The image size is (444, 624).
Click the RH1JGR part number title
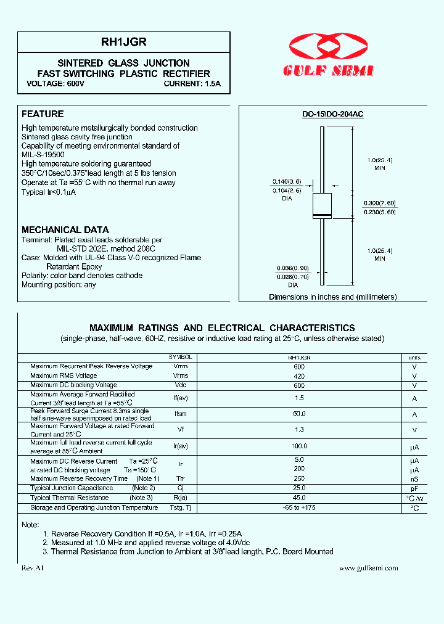(x=123, y=43)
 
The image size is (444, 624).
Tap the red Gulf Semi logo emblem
(x=332, y=48)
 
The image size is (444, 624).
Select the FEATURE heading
(x=43, y=114)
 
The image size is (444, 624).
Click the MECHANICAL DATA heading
(x=65, y=230)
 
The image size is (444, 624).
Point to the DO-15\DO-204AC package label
(x=332, y=115)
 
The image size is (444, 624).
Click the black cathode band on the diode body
(x=323, y=215)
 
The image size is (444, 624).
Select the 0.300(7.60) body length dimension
(x=380, y=203)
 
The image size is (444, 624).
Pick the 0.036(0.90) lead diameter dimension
(x=292, y=268)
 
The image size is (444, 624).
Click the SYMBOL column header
(x=180, y=358)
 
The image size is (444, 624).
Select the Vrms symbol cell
(x=180, y=376)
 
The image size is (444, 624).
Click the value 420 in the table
(x=300, y=376)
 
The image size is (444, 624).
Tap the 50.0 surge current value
(x=300, y=414)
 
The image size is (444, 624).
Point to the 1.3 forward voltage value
(x=300, y=430)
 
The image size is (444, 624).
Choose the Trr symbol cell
(x=180, y=478)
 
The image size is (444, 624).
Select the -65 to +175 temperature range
(x=300, y=507)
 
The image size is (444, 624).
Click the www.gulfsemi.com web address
(x=368, y=568)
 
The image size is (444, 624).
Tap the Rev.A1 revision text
(x=33, y=568)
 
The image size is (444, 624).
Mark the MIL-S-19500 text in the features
(x=43, y=155)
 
